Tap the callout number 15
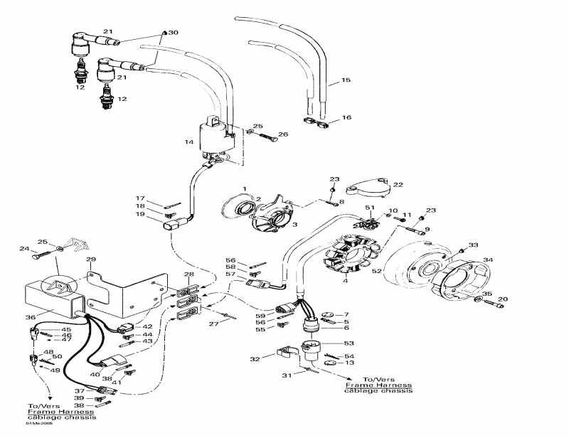click(346, 80)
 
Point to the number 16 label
click(346, 117)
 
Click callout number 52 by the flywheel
click(376, 271)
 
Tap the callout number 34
click(487, 260)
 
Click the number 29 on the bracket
click(90, 260)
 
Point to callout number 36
click(30, 318)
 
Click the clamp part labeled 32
click(287, 353)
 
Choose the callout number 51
click(369, 207)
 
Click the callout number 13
click(349, 363)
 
